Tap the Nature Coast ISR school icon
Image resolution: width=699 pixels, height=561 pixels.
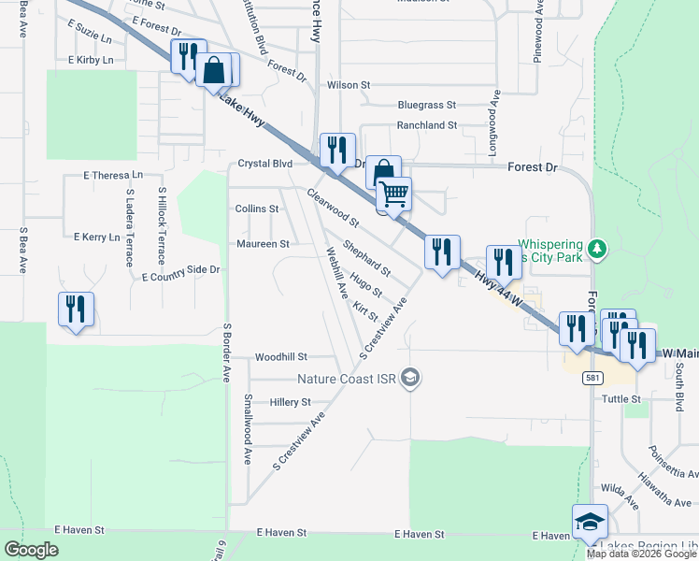409,379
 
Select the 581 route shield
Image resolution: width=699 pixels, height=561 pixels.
591,378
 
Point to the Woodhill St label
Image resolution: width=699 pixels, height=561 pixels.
280,357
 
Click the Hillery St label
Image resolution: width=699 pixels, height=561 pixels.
290,402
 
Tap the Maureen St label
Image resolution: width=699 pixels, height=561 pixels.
263,244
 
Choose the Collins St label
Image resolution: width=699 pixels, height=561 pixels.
257,209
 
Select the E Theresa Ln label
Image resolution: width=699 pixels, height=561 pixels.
113,175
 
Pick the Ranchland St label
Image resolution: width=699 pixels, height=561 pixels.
426,124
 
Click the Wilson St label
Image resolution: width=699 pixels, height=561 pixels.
349,85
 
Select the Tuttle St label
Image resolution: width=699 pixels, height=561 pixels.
622,399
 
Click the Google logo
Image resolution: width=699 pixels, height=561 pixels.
32,550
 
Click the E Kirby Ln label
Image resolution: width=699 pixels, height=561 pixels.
91,60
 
